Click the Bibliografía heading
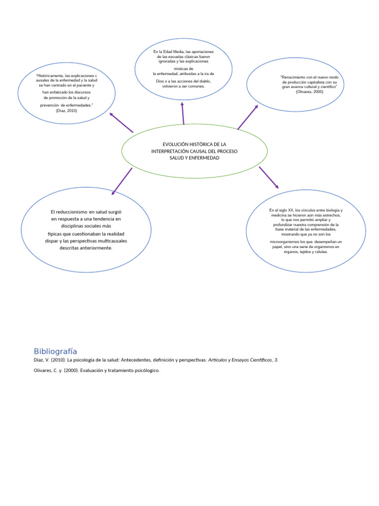[55, 351]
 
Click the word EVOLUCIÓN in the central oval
[168, 144]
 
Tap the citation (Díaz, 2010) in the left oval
[67, 111]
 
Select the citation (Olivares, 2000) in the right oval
[309, 92]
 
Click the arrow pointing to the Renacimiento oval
[248, 117]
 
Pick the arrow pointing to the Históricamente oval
[121, 122]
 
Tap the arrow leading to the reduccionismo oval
[122, 181]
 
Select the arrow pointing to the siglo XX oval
[268, 177]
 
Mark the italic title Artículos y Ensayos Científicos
[242, 360]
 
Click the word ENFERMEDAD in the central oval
[205, 158]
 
